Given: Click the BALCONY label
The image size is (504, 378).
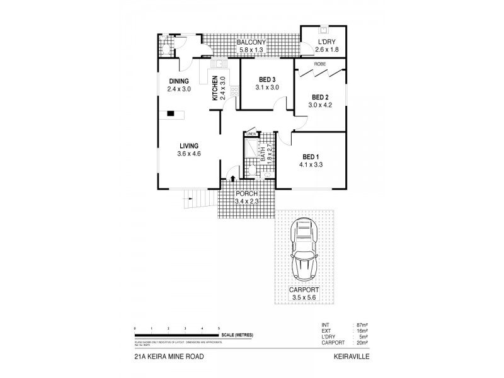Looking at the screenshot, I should point(251,42).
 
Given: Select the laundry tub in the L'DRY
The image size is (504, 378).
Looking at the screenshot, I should point(324,30).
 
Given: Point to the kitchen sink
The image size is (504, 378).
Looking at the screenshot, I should point(220,63).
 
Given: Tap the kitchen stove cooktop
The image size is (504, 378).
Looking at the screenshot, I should point(234,93).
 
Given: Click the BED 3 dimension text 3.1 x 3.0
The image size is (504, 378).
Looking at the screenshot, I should point(267,88).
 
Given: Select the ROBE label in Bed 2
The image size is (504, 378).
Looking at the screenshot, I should point(321,64).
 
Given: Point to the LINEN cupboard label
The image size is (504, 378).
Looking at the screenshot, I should point(251,134).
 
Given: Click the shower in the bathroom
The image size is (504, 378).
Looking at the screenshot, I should point(254,146).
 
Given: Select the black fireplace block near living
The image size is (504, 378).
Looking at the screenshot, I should point(169,114).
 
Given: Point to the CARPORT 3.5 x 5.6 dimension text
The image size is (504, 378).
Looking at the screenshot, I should point(306,296).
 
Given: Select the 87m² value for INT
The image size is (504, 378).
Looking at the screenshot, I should point(362,324).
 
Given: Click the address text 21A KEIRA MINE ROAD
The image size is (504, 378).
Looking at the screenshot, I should point(168,357).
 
